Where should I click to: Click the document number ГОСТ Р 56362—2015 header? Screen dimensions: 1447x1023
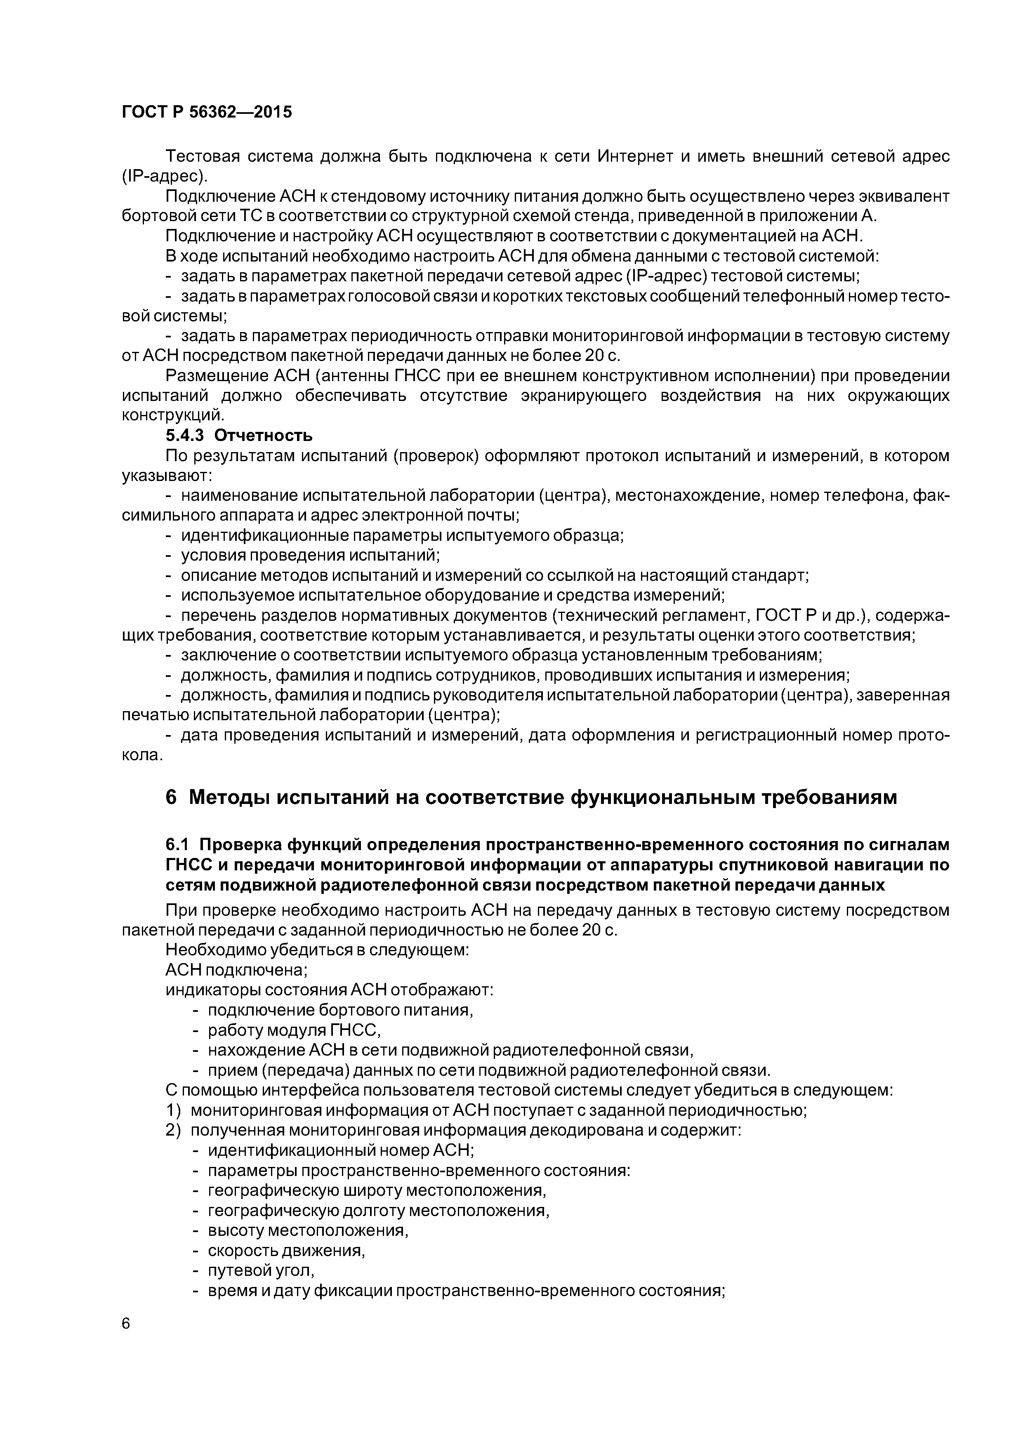tap(207, 113)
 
